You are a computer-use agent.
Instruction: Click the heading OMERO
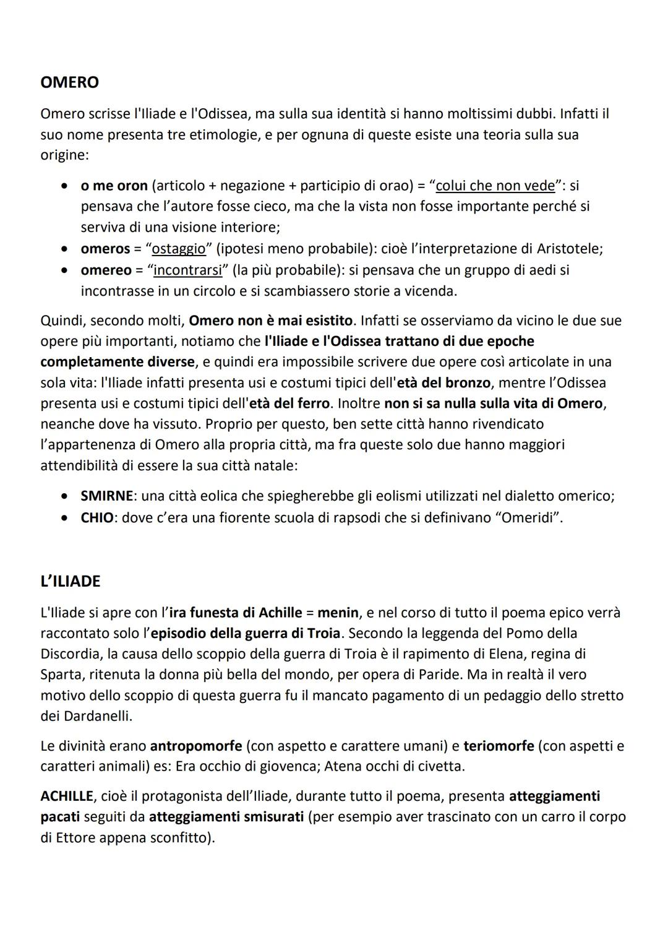tap(69, 82)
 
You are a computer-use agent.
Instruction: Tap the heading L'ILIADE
tap(70, 581)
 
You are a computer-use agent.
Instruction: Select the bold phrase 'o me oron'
tap(114, 186)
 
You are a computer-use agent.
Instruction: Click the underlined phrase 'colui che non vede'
tap(495, 186)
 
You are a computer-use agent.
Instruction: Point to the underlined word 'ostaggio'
tap(179, 249)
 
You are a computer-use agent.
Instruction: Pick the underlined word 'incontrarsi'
tap(187, 270)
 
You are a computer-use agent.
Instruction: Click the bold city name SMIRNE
tap(106, 496)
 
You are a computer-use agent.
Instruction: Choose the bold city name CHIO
tap(97, 517)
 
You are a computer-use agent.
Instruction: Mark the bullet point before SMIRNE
tap(64, 496)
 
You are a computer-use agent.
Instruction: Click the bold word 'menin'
tap(338, 613)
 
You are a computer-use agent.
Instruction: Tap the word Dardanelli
tap(97, 716)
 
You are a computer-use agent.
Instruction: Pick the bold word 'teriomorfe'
tap(499, 746)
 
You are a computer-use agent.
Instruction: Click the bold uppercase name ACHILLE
tap(66, 796)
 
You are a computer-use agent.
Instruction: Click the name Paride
tap(441, 675)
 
